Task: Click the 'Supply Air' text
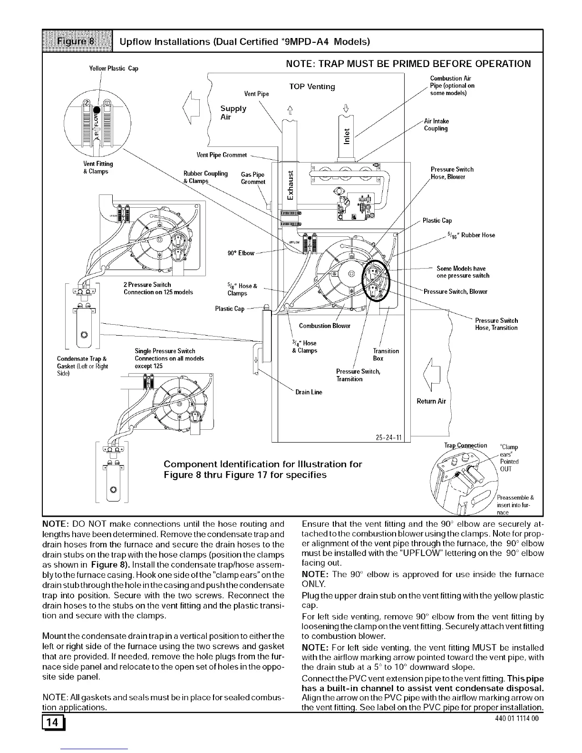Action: pos(233,113)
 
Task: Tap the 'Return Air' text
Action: pos(431,401)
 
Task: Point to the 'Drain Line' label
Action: pos(309,392)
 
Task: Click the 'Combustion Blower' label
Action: pos(324,326)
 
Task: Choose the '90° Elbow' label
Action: pos(241,253)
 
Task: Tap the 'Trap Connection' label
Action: pos(466,445)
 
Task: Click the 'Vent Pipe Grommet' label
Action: pos(222,155)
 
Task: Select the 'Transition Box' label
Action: pos(386,355)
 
